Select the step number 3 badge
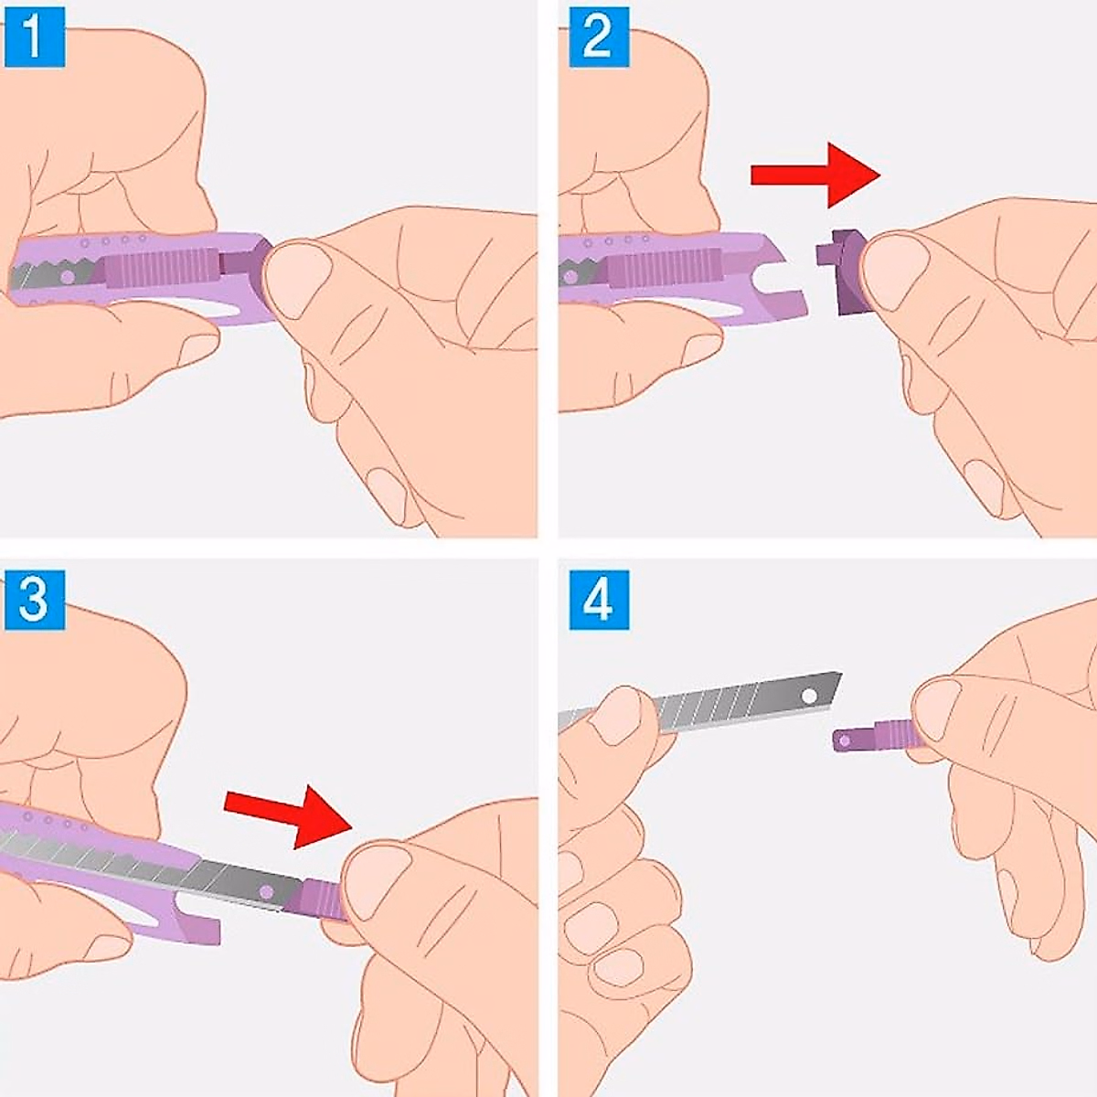[34, 600]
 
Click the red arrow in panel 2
[814, 175]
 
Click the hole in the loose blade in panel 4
[809, 697]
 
